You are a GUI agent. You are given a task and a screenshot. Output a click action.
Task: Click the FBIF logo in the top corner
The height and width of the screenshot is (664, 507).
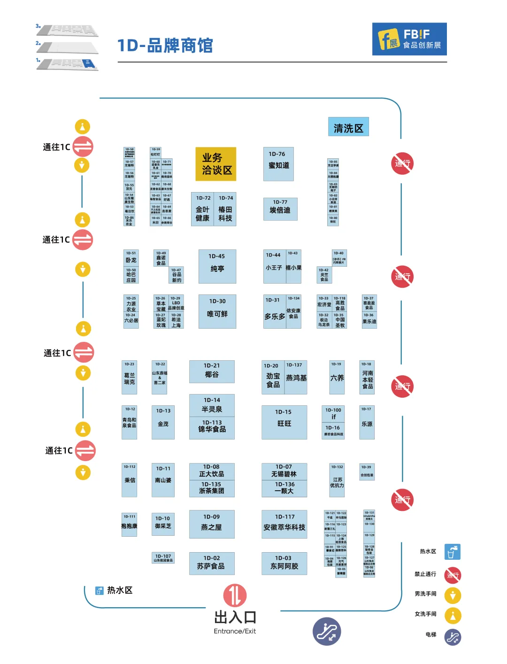pyautogui.click(x=409, y=39)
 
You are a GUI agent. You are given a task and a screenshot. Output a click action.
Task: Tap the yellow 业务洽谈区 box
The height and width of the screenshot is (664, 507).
pyautogui.click(x=216, y=164)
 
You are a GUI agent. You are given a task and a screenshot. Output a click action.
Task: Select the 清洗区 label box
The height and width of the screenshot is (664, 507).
pyautogui.click(x=348, y=127)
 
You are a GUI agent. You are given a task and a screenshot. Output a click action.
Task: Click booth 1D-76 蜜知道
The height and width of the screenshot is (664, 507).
pyautogui.click(x=278, y=163)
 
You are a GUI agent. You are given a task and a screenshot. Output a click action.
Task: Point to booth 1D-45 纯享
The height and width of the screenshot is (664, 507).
pyautogui.click(x=217, y=266)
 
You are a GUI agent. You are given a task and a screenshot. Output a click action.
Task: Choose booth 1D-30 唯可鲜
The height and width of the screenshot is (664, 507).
pyautogui.click(x=217, y=311)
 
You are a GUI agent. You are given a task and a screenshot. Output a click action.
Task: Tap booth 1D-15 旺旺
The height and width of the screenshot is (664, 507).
pyautogui.click(x=284, y=422)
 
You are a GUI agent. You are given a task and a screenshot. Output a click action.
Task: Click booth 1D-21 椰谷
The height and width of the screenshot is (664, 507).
pyautogui.click(x=212, y=371)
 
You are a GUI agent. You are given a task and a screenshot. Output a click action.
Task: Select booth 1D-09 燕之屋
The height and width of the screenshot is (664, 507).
pyautogui.click(x=211, y=524)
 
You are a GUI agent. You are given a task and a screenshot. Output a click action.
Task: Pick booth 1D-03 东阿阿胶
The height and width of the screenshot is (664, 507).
pyautogui.click(x=284, y=563)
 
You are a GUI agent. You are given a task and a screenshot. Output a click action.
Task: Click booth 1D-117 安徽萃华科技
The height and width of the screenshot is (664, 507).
pyautogui.click(x=284, y=524)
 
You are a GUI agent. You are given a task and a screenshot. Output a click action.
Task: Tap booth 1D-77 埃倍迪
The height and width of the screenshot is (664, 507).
pyautogui.click(x=280, y=208)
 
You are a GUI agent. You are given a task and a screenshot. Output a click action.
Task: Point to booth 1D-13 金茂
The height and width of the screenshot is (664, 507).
pyautogui.click(x=163, y=422)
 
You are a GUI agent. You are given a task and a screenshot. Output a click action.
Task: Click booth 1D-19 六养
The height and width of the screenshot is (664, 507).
pyautogui.click(x=337, y=377)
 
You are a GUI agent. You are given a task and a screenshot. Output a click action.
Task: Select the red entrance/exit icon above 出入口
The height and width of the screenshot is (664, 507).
pyautogui.click(x=235, y=595)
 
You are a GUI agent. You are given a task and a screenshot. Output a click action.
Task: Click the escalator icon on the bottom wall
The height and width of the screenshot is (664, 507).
pyautogui.click(x=327, y=631)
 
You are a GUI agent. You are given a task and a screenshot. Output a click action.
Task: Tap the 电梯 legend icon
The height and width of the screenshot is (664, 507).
pyautogui.click(x=453, y=637)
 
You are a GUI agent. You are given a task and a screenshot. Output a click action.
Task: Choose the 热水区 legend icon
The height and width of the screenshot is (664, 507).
pyautogui.click(x=453, y=552)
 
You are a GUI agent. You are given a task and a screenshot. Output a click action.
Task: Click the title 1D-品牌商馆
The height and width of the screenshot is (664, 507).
pyautogui.click(x=165, y=46)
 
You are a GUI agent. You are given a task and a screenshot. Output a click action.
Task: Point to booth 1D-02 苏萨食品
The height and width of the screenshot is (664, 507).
pyautogui.click(x=211, y=563)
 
